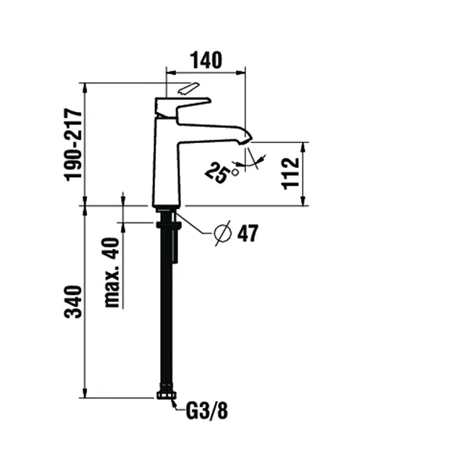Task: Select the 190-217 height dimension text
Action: (72, 144)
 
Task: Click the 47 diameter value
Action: (247, 234)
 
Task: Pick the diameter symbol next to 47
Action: (222, 234)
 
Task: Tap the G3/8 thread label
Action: (207, 412)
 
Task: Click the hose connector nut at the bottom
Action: (166, 394)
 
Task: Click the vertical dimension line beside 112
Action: (303, 174)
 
